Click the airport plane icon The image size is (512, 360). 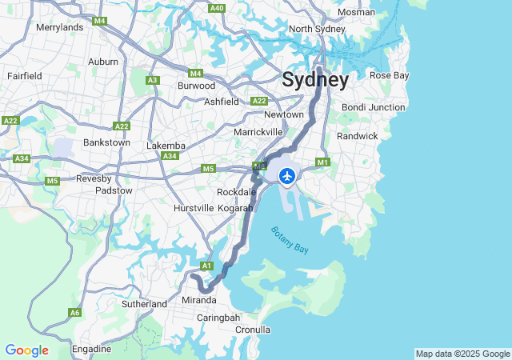click(x=287, y=175)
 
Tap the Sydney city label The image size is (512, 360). click(x=315, y=80)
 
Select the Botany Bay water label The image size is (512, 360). click(x=289, y=241)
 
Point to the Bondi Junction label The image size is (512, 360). click(x=374, y=107)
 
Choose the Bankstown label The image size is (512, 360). click(x=106, y=142)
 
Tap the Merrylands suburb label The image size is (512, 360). click(x=60, y=27)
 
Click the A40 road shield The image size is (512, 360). click(x=216, y=7)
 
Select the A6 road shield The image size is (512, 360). click(x=74, y=313)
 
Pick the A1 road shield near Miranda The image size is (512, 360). click(x=206, y=266)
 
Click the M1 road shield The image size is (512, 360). click(x=323, y=162)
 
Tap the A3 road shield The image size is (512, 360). click(x=153, y=80)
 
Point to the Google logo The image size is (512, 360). click(x=26, y=350)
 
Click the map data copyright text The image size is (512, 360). click(x=462, y=354)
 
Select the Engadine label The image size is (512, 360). click(x=91, y=349)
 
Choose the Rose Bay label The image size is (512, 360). click(x=390, y=75)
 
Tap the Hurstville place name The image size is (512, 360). click(x=194, y=208)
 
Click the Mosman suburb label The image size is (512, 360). click(x=355, y=12)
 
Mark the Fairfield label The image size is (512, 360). click(x=25, y=75)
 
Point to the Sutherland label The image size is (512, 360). click(x=144, y=304)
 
